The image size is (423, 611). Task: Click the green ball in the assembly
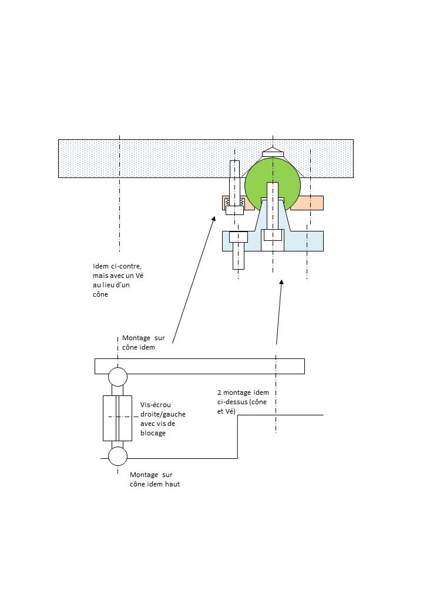click(273, 185)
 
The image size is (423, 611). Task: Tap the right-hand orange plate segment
click(307, 203)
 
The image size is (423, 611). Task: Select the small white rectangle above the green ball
click(273, 155)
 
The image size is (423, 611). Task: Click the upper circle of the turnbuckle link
click(117, 377)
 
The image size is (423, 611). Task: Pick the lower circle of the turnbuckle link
click(117, 456)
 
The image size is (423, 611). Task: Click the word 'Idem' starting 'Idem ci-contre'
click(101, 266)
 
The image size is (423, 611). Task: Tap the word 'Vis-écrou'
click(156, 405)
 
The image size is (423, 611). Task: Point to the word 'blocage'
click(153, 433)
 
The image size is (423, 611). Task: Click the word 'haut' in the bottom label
click(173, 484)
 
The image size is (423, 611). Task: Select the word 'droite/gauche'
click(163, 414)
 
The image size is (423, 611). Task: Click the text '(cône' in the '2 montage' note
click(258, 402)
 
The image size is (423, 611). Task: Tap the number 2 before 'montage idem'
click(219, 392)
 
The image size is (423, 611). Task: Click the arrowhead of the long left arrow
click(213, 219)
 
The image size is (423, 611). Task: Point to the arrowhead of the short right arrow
click(281, 282)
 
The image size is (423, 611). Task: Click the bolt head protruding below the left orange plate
click(234, 210)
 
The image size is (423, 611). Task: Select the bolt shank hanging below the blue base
click(239, 256)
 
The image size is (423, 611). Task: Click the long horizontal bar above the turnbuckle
click(199, 366)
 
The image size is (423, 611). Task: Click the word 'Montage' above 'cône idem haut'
click(144, 475)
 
